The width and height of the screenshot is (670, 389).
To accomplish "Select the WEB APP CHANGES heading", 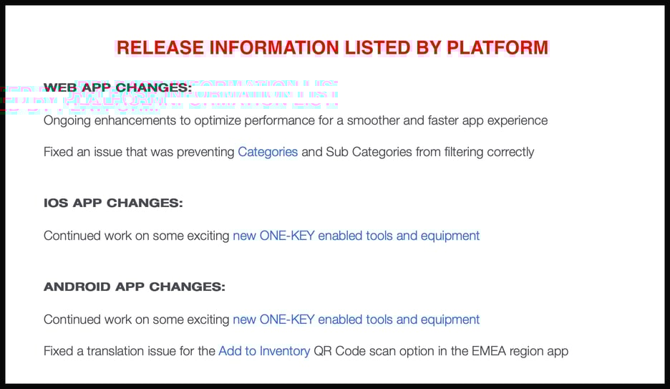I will tap(117, 88).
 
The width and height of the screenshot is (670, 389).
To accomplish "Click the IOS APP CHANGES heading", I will tap(113, 203).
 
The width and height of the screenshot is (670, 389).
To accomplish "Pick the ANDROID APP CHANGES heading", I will tap(135, 287).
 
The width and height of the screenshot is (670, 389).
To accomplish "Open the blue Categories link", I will tap(268, 152).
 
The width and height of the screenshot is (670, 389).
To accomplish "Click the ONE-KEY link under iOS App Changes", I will tap(356, 236).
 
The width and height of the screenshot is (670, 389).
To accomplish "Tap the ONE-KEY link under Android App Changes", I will tap(356, 320).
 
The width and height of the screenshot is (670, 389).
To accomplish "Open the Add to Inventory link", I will tap(264, 351).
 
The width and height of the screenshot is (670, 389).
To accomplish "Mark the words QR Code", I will tap(340, 351).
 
